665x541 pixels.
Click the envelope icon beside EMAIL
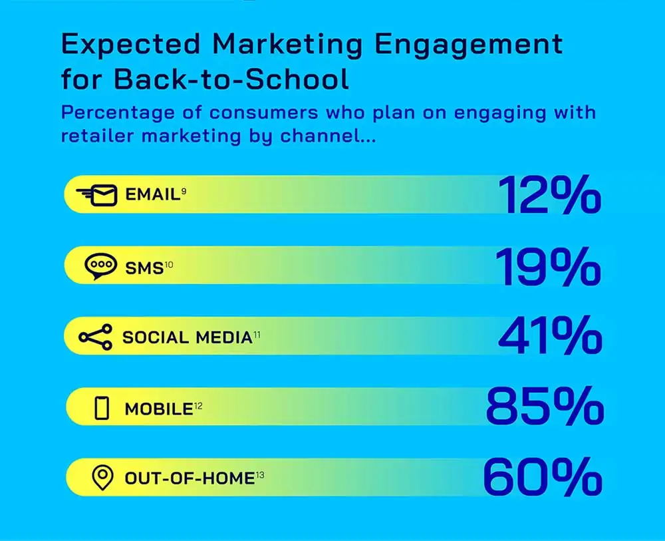click(x=97, y=196)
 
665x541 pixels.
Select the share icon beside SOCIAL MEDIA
click(x=96, y=337)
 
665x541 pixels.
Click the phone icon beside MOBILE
click(x=102, y=407)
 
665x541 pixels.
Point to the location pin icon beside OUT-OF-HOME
click(x=101, y=478)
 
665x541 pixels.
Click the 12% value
click(x=549, y=196)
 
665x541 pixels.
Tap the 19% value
click(x=547, y=266)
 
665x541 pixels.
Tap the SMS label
click(x=144, y=268)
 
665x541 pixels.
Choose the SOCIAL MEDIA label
click(x=187, y=337)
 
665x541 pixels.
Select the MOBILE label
click(x=158, y=409)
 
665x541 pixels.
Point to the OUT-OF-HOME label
click(x=190, y=478)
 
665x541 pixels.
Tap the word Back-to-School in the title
click(x=231, y=79)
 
